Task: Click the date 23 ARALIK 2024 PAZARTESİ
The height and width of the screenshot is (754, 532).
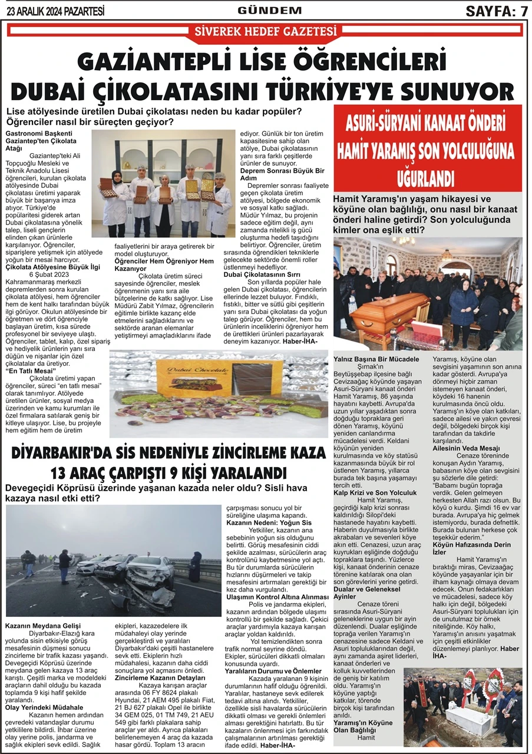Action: point(55,11)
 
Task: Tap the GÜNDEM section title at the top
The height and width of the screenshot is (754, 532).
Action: point(269,10)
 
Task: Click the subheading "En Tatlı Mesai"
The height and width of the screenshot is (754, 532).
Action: point(27,372)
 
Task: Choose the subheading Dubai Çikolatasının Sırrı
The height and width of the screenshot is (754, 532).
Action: point(275,274)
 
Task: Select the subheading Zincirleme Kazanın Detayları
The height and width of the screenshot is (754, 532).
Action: point(156,679)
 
